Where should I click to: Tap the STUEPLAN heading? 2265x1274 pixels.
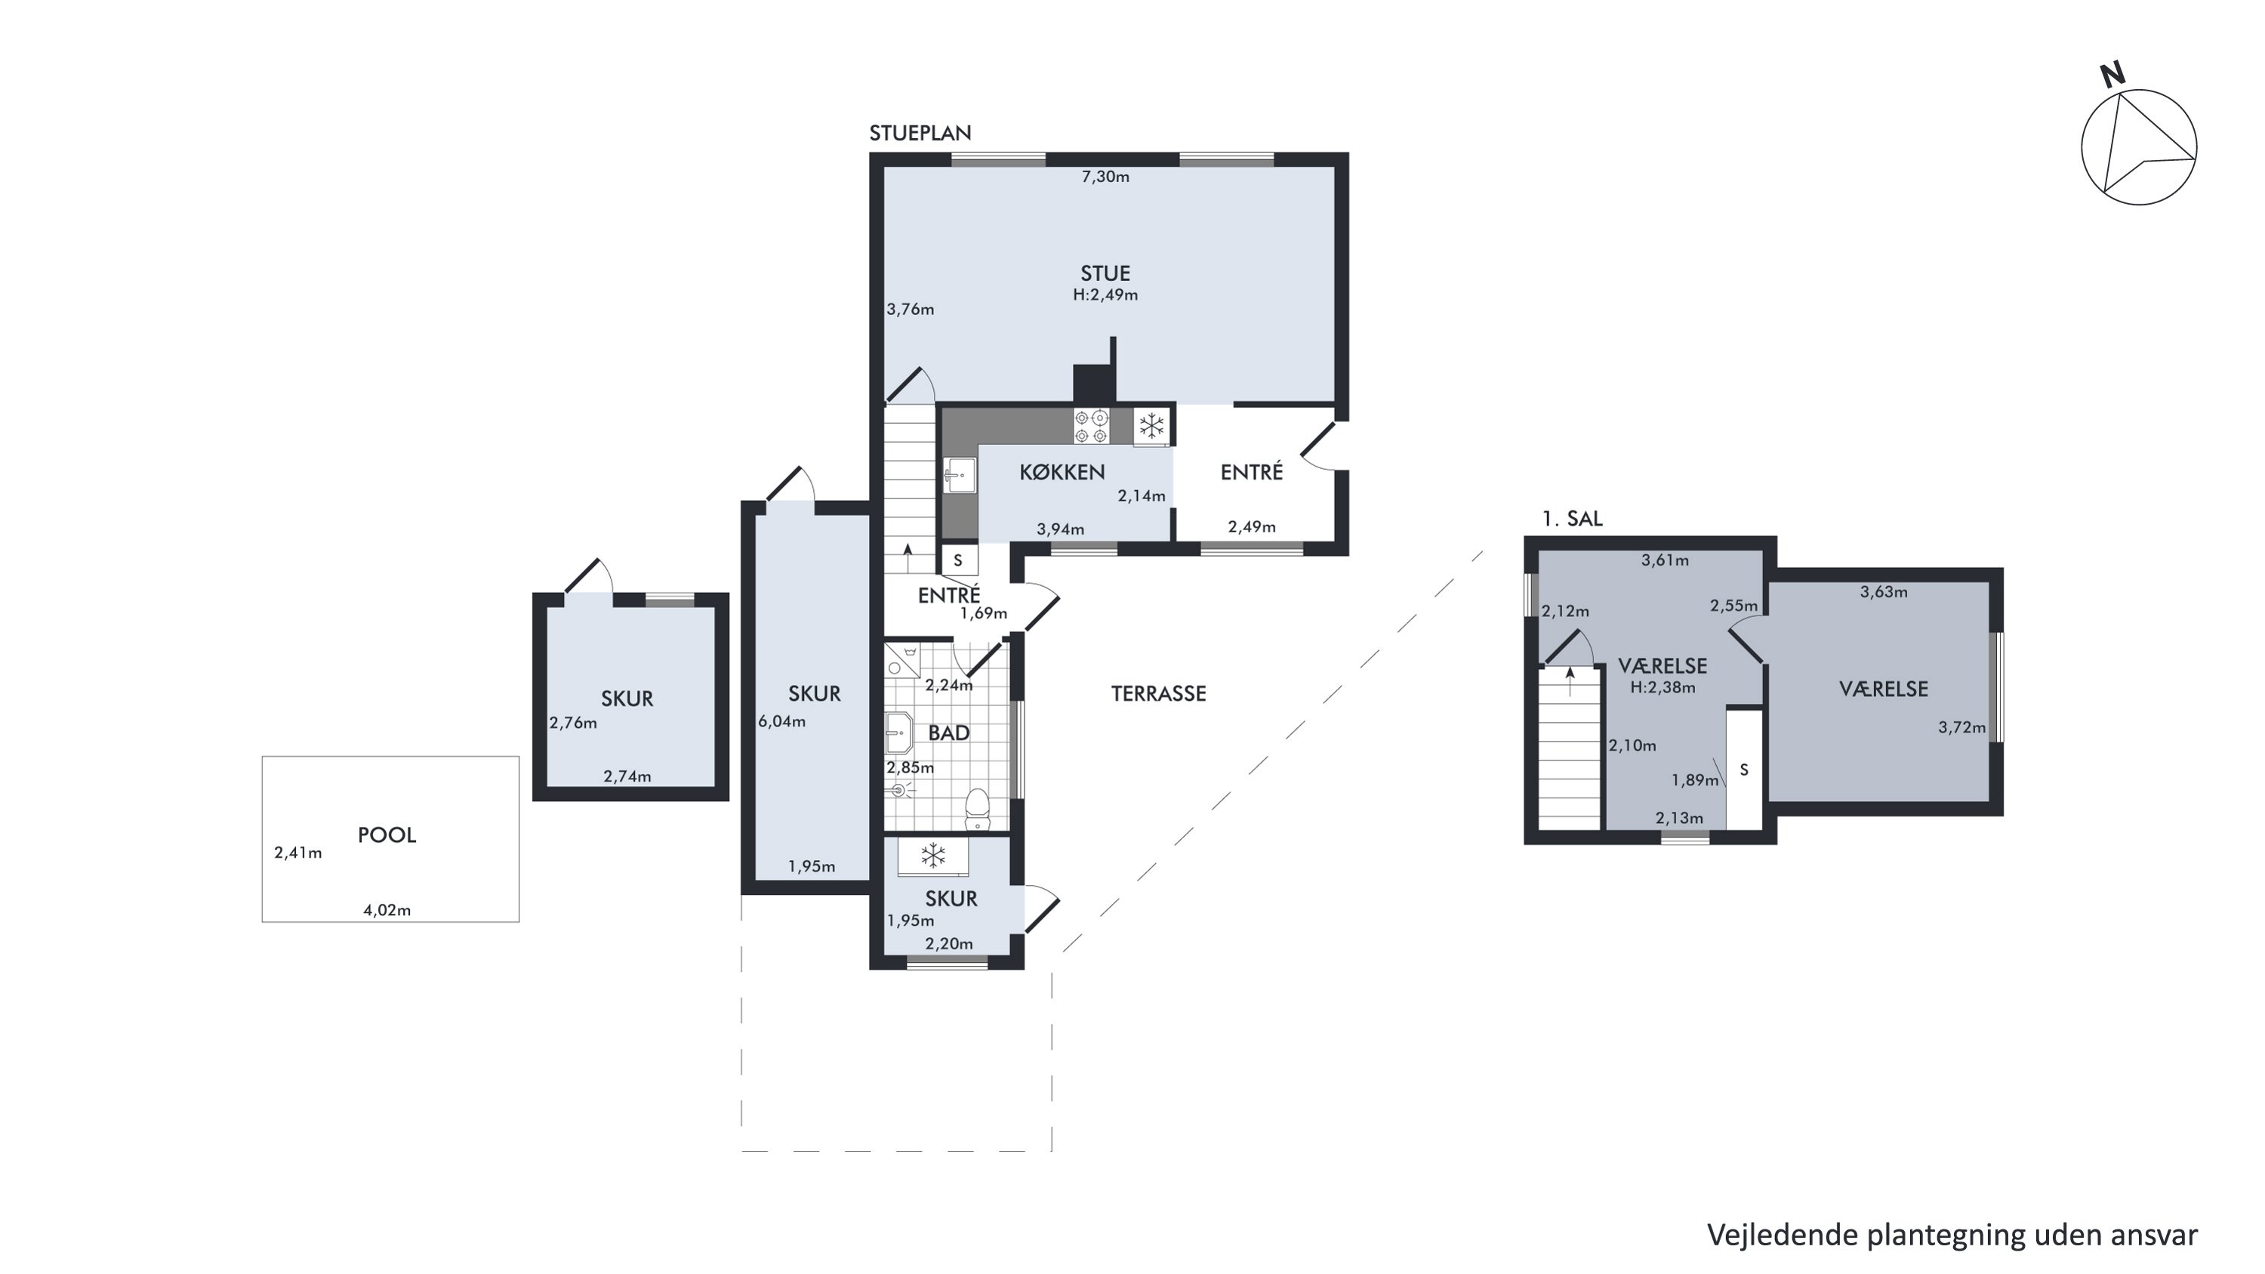pos(920,133)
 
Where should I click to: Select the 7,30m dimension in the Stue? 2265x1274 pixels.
pos(1105,177)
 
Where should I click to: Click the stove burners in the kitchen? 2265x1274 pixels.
pos(1091,427)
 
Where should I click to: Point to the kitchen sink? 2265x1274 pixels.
pos(960,476)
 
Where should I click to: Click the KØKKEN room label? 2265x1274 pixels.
pos(1062,472)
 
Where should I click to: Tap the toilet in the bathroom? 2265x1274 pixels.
pos(977,809)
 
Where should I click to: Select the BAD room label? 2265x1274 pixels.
pos(949,733)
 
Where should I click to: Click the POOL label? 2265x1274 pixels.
pos(387,835)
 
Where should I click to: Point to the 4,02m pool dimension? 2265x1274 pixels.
pos(387,911)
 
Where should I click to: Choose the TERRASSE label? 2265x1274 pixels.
pos(1158,694)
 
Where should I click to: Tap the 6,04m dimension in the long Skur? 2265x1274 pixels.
pos(781,722)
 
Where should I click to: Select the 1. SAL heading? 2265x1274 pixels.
pos(1572,519)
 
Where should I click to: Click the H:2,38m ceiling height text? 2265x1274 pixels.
pos(1663,687)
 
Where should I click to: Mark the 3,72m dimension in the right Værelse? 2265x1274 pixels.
pos(1961,728)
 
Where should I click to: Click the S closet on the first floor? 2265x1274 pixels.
pos(1743,770)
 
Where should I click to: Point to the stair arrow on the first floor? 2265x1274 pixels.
pos(1570,681)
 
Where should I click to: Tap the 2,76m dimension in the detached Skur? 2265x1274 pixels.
pos(573,723)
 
